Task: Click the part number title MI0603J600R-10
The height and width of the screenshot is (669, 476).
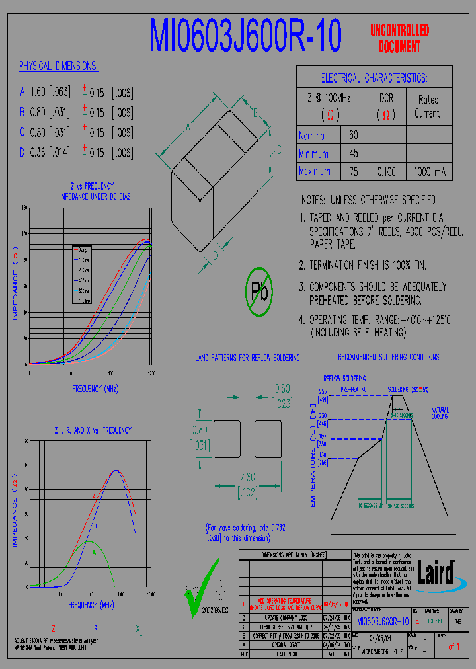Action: point(245,36)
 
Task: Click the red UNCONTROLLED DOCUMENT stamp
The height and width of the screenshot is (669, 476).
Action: point(399,38)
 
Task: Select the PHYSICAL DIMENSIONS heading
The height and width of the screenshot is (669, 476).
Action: point(58,67)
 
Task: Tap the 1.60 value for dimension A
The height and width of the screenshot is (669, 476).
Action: point(39,92)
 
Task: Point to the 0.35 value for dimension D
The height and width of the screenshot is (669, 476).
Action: point(39,153)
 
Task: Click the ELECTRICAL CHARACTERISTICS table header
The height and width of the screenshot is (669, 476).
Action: point(374,78)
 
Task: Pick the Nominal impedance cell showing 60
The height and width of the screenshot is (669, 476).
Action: point(354,135)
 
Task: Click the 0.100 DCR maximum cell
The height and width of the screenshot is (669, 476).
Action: point(387,172)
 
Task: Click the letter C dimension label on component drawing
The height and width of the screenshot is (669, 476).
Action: point(279,148)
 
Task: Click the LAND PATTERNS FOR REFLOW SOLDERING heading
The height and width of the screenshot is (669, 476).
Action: point(247,358)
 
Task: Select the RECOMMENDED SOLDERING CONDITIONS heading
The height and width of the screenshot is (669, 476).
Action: point(389,357)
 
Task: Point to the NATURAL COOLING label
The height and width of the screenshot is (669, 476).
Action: point(440,413)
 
